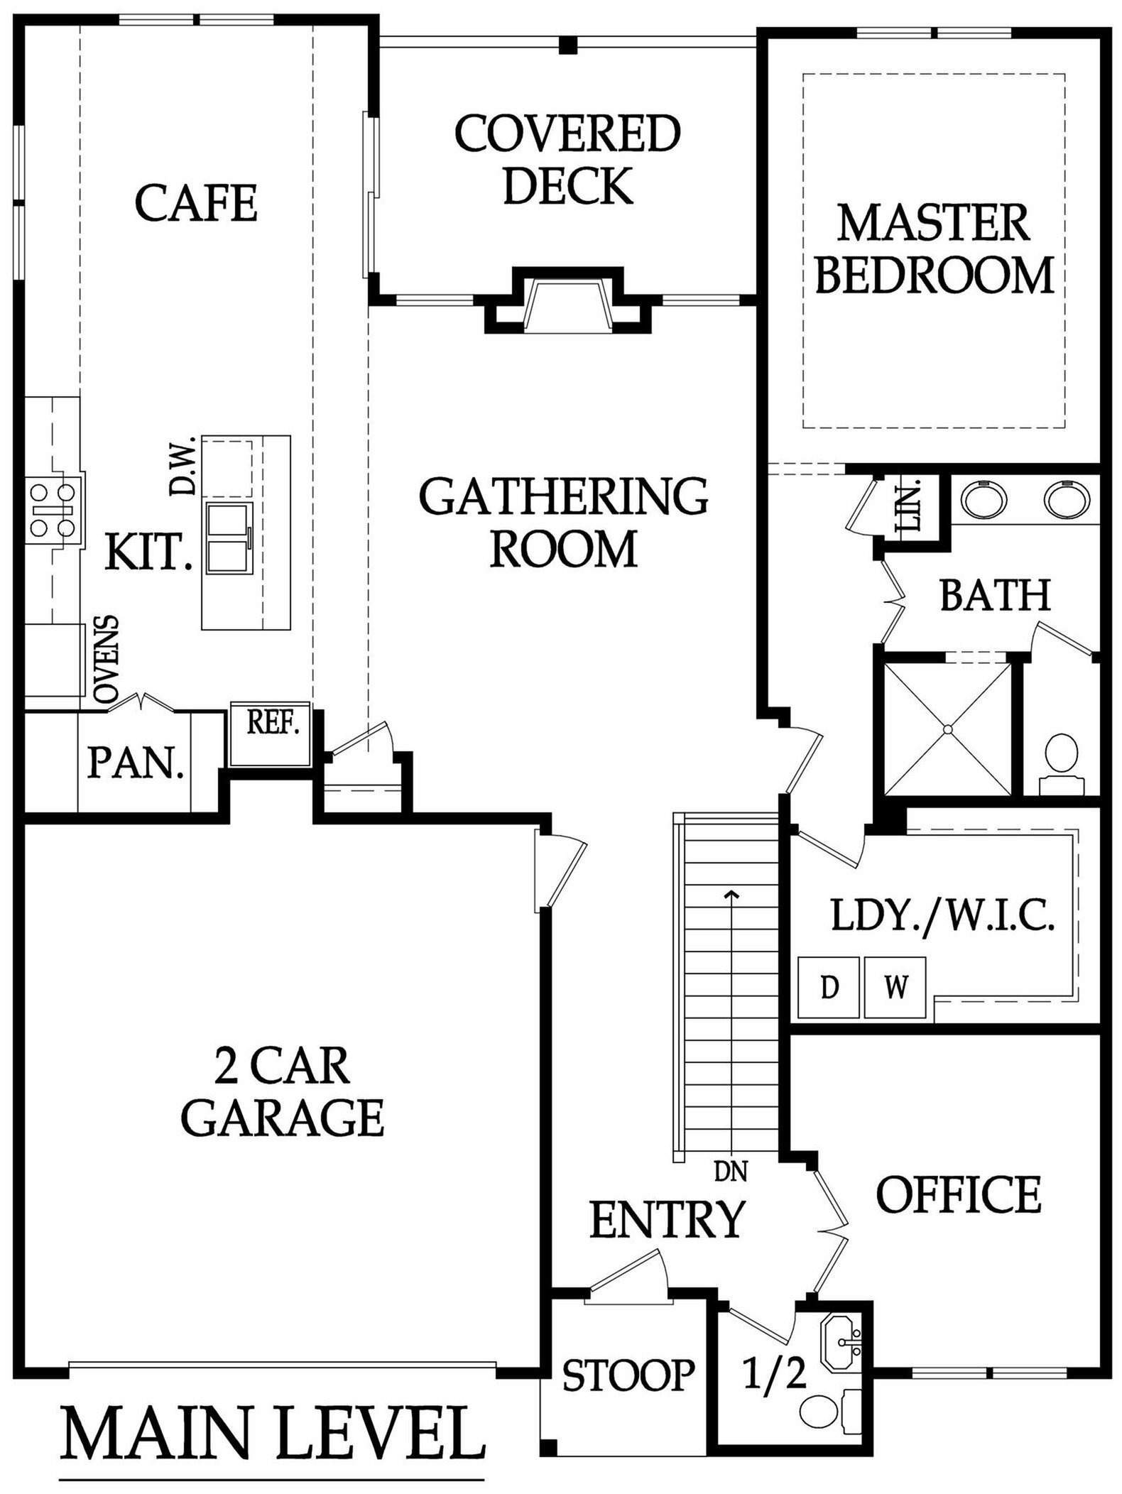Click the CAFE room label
pyautogui.click(x=196, y=203)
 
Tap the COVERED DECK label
pyautogui.click(x=567, y=159)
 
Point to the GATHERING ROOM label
pyautogui.click(x=564, y=522)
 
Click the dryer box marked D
pyautogui.click(x=829, y=988)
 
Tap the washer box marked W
pyautogui.click(x=895, y=988)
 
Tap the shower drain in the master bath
pyautogui.click(x=947, y=729)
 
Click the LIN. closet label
pyautogui.click(x=911, y=506)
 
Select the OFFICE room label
pyautogui.click(x=959, y=1194)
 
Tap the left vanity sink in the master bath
pyautogui.click(x=984, y=498)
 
